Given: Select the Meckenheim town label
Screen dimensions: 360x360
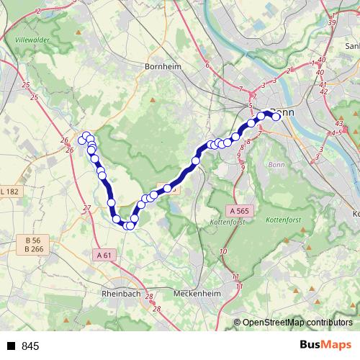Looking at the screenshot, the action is click(197, 294).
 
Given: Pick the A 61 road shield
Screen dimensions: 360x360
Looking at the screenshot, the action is click(104, 254).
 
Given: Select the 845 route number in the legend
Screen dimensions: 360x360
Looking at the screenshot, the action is click(30, 346).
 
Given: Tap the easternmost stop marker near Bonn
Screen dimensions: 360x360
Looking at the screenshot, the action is click(276, 116).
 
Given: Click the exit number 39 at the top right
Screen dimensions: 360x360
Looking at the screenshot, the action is click(332, 23).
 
